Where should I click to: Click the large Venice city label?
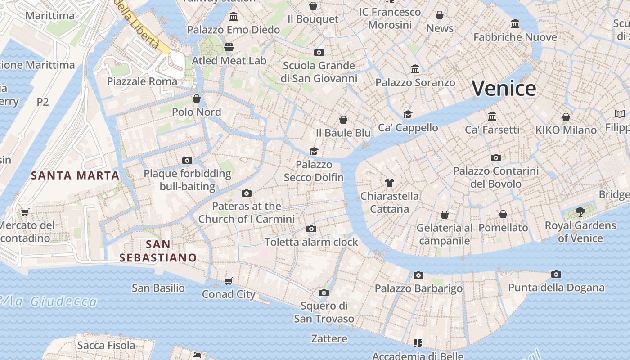click(504, 88)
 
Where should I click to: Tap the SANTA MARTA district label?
click(75, 175)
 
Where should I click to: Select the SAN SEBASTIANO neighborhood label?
click(158, 251)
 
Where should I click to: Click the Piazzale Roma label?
click(142, 81)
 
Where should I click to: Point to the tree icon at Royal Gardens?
click(580, 212)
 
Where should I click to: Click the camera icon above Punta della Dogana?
click(556, 274)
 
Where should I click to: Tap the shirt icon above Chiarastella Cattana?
click(390, 182)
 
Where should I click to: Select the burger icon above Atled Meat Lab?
click(229, 47)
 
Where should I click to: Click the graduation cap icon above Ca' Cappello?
click(408, 114)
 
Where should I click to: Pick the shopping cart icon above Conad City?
click(229, 281)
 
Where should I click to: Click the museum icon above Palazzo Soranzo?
click(415, 69)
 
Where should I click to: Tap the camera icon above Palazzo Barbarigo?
click(418, 275)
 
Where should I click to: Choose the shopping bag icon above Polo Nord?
click(197, 99)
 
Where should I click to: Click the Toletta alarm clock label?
click(311, 242)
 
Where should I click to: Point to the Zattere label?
click(329, 338)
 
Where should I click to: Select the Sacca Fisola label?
click(106, 345)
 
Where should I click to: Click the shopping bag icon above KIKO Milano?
click(566, 117)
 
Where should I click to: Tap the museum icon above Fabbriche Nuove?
click(515, 23)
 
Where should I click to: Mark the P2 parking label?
click(43, 102)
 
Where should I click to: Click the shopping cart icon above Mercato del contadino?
click(25, 212)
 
